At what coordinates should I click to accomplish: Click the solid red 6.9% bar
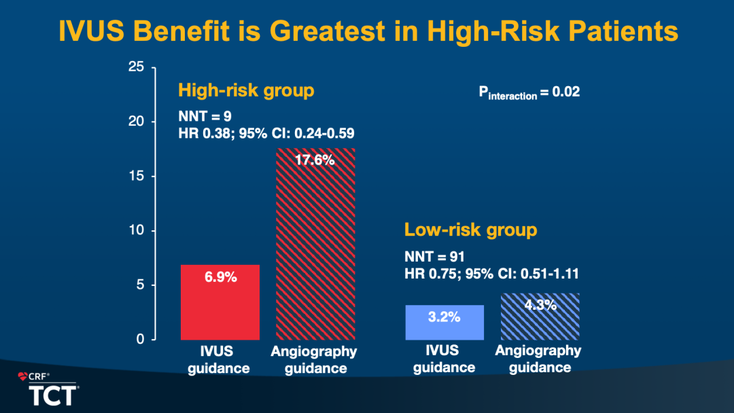[x=220, y=302]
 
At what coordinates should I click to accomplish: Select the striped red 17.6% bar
[x=315, y=245]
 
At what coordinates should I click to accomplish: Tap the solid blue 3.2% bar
[x=444, y=323]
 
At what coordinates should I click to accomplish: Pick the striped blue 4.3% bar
[x=540, y=317]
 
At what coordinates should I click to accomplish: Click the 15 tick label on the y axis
[x=137, y=176]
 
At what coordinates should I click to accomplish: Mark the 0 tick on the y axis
[x=140, y=339]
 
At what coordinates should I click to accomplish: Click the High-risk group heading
[x=246, y=90]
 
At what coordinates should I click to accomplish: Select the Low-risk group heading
[x=470, y=230]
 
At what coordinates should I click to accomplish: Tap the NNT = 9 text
[x=205, y=117]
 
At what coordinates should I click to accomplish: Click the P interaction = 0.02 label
[x=529, y=92]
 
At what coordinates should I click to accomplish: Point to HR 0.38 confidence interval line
[x=266, y=133]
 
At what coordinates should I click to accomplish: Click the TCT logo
[x=52, y=395]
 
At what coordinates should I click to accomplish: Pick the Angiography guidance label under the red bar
[x=314, y=360]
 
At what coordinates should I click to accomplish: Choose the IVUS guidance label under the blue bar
[x=444, y=359]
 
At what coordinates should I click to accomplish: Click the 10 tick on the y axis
[x=137, y=230]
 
